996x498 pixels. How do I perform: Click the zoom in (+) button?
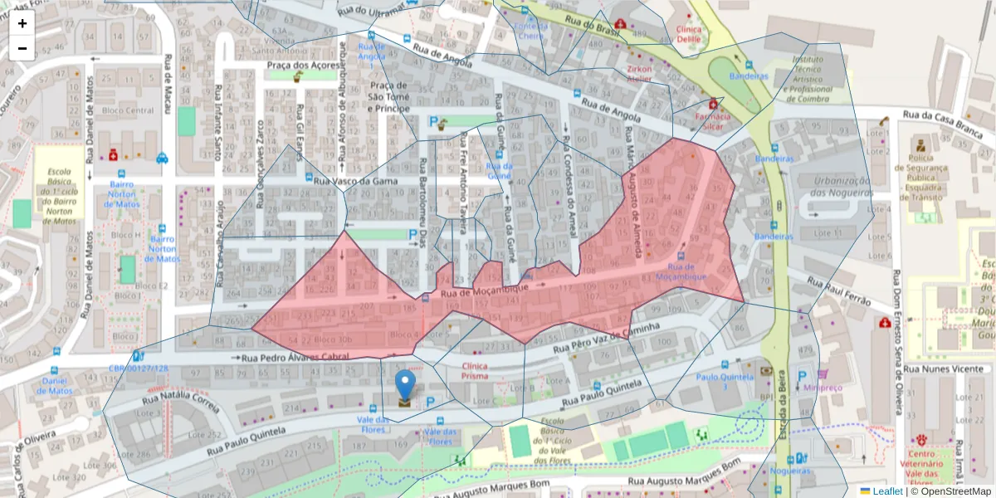coord(22,23)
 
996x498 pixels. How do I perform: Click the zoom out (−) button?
coord(22,48)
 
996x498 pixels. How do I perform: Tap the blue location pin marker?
coord(405,386)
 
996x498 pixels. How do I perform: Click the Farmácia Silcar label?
coord(712,122)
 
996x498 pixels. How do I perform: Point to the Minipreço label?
coord(823,387)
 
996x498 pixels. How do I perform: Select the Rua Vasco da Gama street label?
coord(358,181)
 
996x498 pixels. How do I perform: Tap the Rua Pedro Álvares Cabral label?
coord(295,357)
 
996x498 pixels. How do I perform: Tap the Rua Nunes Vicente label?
coord(944,369)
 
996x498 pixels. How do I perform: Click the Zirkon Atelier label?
coord(639,74)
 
